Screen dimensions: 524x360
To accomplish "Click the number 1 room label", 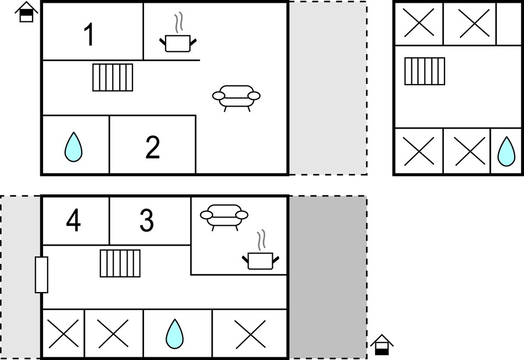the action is click(x=89, y=34).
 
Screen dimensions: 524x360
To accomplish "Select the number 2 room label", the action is click(x=153, y=147).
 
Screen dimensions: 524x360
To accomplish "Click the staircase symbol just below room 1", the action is click(x=113, y=77).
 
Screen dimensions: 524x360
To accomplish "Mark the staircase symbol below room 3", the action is click(x=120, y=263).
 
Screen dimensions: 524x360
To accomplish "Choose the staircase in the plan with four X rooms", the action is click(x=425, y=71).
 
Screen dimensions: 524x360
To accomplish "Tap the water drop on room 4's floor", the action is click(x=174, y=334).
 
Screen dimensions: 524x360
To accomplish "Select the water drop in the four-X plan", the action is click(x=506, y=151).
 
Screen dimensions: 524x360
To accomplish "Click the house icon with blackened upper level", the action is click(x=27, y=12).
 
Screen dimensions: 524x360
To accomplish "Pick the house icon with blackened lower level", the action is click(x=382, y=345).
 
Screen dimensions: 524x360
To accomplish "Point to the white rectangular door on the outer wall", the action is click(x=41, y=275).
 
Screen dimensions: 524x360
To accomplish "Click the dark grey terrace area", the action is click(x=328, y=277).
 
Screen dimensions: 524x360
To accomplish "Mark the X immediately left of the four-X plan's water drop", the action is click(x=470, y=151).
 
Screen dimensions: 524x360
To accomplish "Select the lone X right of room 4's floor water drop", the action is click(x=250, y=334).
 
